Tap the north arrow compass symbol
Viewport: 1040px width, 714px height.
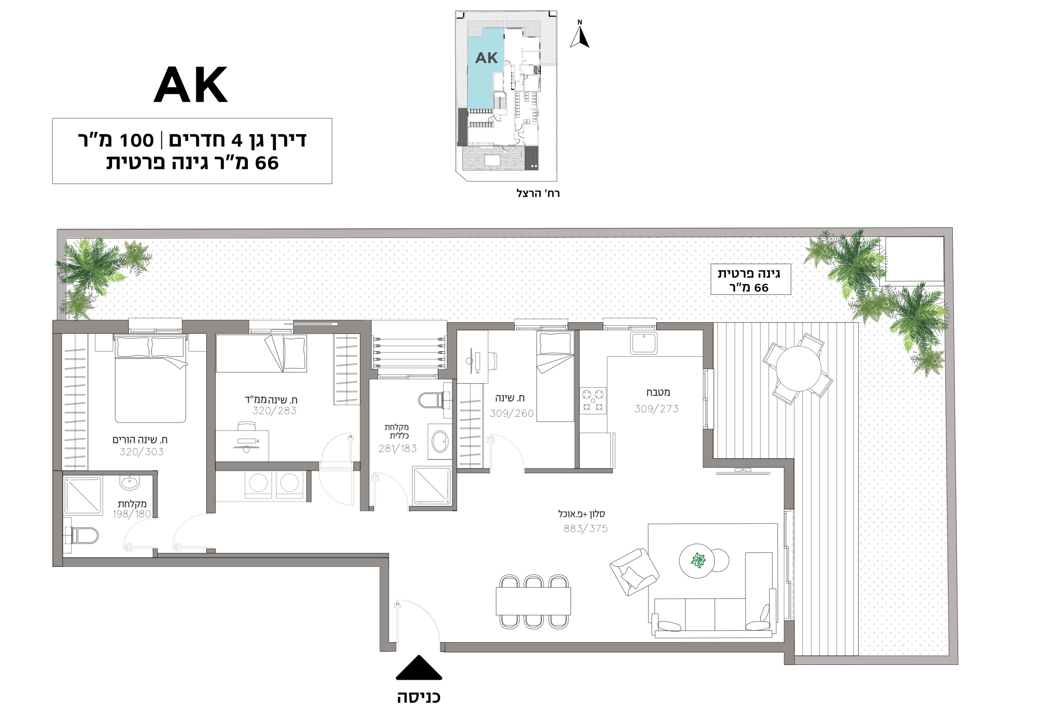point(580,35)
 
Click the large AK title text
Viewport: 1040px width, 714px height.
point(191,85)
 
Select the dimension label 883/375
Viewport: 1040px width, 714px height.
point(585,529)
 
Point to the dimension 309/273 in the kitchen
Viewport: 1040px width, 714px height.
point(656,409)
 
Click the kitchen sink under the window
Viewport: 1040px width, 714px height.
point(643,343)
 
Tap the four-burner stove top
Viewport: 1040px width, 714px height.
point(593,401)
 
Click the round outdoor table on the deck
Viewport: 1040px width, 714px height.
point(798,369)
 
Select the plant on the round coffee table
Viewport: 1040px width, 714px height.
point(698,560)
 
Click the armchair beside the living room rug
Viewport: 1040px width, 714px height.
point(634,572)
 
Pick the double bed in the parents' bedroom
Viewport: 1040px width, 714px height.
point(150,379)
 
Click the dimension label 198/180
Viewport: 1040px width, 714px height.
point(132,514)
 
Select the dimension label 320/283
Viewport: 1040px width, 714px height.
point(274,411)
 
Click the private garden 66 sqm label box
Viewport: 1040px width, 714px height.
point(750,279)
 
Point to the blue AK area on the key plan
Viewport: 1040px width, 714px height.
point(485,67)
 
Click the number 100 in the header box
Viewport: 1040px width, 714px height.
point(136,141)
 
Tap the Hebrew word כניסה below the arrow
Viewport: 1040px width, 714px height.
point(419,697)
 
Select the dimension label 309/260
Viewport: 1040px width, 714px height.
point(511,414)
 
